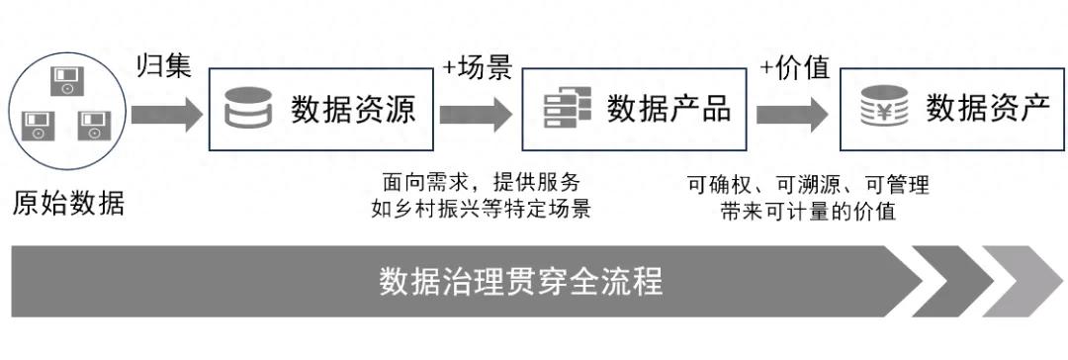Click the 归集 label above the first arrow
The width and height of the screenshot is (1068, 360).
(x=162, y=67)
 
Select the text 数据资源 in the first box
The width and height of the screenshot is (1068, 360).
(x=353, y=109)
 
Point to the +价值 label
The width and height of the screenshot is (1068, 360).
(x=793, y=67)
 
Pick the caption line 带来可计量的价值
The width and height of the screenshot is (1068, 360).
(x=808, y=211)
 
